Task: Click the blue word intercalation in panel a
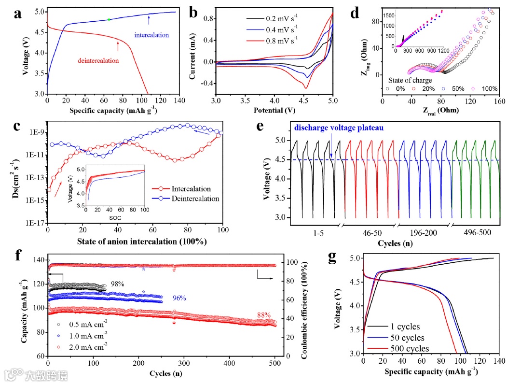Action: point(151,35)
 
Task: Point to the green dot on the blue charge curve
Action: point(109,19)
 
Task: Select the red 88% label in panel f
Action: point(264,315)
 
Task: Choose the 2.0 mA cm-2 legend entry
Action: point(86,346)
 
